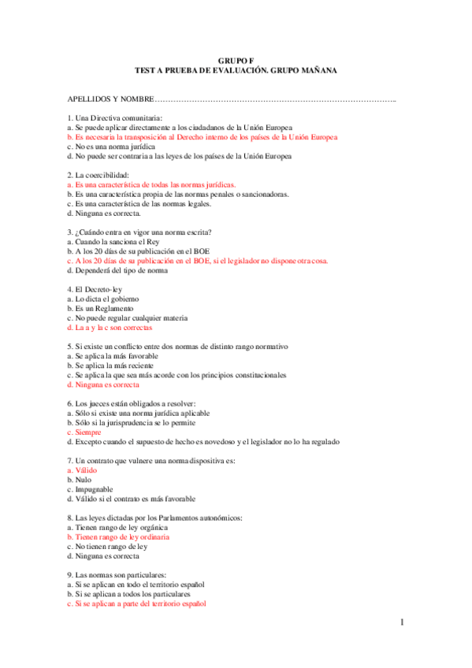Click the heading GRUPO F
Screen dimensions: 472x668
click(x=236, y=60)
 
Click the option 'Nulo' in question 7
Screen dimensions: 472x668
click(x=81, y=479)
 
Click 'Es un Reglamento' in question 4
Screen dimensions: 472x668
click(x=101, y=308)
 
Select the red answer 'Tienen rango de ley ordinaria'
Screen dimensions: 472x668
click(x=118, y=536)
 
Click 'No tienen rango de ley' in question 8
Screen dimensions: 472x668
click(x=108, y=546)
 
